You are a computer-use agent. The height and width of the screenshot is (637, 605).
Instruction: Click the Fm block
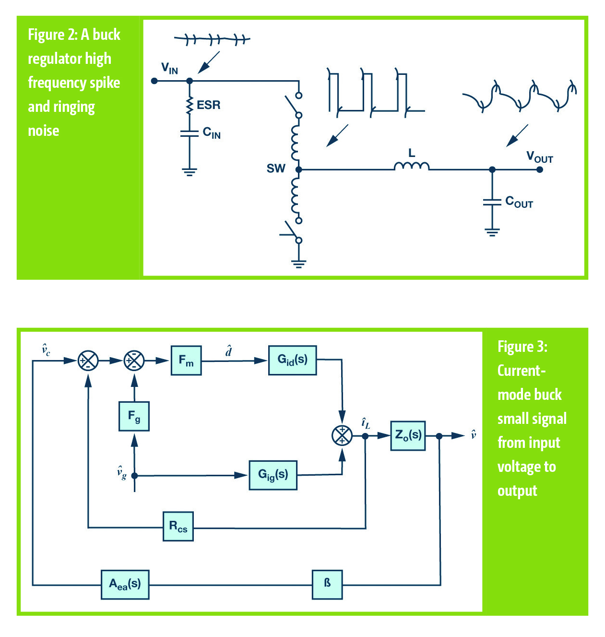click(x=186, y=360)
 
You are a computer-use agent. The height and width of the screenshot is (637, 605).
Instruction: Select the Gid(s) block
click(x=292, y=360)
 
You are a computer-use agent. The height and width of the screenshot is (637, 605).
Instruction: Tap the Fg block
click(x=134, y=416)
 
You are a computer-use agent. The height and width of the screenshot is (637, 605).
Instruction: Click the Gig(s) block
click(x=273, y=475)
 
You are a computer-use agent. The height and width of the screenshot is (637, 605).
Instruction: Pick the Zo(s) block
click(x=408, y=435)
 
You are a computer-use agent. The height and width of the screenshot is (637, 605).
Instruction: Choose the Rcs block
click(x=178, y=527)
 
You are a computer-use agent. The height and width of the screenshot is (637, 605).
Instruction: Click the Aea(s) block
click(x=125, y=584)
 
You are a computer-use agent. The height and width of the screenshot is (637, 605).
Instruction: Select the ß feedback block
click(x=327, y=584)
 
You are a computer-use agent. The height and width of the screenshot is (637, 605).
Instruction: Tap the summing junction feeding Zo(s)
click(x=342, y=435)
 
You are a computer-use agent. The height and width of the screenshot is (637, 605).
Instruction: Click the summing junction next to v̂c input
click(x=88, y=361)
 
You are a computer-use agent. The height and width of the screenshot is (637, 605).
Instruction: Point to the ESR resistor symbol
click(x=190, y=106)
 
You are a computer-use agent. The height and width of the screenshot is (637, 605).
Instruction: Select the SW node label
click(x=276, y=168)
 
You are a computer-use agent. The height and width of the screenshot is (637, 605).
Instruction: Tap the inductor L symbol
click(x=411, y=166)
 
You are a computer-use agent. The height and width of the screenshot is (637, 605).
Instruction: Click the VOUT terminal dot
click(x=540, y=169)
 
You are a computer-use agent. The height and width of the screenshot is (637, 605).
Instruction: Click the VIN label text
click(x=169, y=68)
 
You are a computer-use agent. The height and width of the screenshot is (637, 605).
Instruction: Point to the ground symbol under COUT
click(x=492, y=232)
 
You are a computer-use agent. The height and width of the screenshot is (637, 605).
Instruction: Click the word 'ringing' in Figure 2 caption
click(x=77, y=107)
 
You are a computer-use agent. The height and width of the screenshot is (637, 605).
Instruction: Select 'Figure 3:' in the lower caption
click(x=522, y=347)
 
